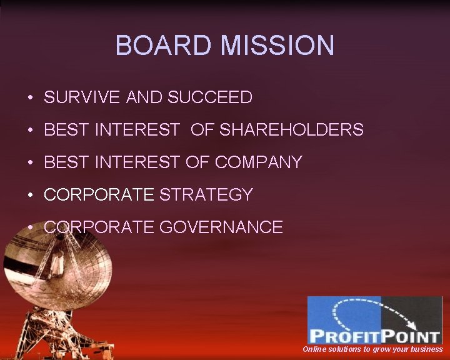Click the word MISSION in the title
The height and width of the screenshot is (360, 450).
277,46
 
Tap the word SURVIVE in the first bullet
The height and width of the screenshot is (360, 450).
82,97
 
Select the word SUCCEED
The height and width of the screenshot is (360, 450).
210,97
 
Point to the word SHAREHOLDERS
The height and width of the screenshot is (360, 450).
292,130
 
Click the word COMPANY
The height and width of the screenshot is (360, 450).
258,162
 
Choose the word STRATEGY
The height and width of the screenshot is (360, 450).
206,195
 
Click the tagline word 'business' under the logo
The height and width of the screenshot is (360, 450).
425,349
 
